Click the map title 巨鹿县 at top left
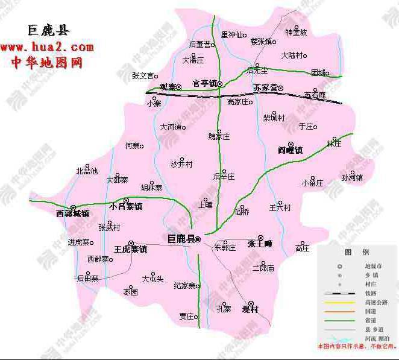47,30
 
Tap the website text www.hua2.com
47,46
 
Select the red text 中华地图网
47,62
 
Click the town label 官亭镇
204,84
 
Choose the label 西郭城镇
72,213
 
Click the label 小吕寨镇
125,206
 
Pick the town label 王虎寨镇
130,248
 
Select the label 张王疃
260,244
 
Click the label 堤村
250,309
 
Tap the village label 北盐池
87,171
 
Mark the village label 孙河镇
352,177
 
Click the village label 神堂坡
297,32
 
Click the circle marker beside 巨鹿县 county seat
197,240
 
